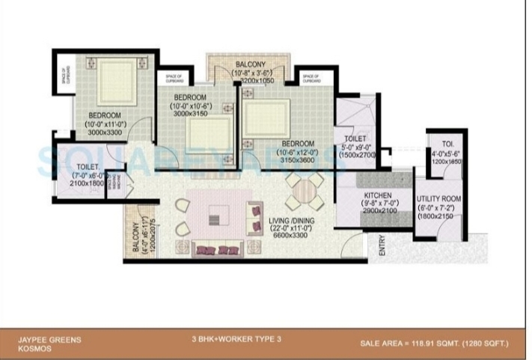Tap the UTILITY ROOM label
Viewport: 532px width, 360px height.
[438, 198]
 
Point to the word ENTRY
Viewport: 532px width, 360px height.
[382, 248]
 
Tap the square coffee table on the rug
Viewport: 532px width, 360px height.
[215, 219]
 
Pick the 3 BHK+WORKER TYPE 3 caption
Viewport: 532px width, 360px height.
[235, 339]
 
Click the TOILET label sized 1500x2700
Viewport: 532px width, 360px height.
[355, 139]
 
